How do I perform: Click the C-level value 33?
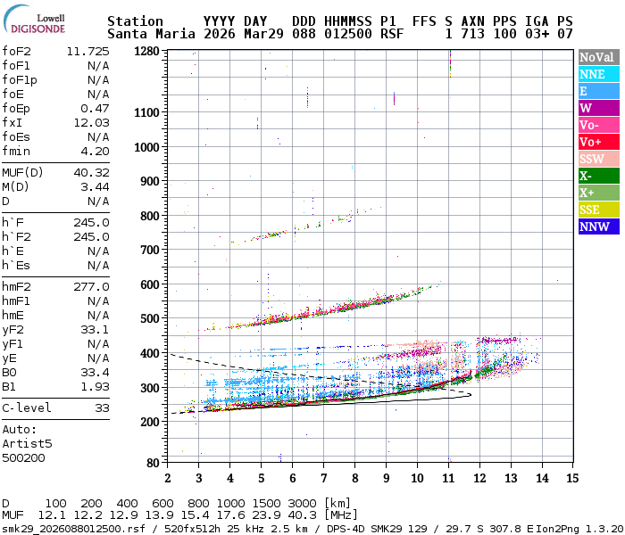click(x=102, y=407)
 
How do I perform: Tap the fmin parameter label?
click(x=17, y=151)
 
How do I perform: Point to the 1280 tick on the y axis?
click(x=146, y=52)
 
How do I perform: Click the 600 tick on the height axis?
click(x=149, y=284)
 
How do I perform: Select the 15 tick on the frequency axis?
click(x=571, y=478)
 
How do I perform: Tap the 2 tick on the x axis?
click(x=168, y=478)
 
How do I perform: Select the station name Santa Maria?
click(x=142, y=34)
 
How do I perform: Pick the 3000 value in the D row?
click(x=301, y=503)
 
